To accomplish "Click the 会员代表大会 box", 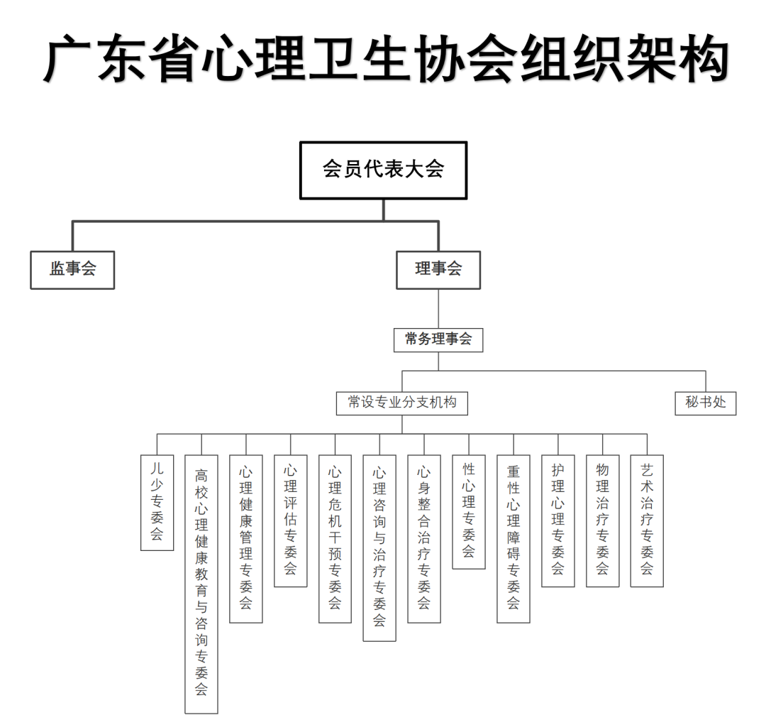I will [x=383, y=170].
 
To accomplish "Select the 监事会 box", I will [x=72, y=269].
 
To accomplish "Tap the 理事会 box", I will [x=438, y=269].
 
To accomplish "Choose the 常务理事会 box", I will [x=438, y=339].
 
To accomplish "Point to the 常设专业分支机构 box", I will [x=402, y=403].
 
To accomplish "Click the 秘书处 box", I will [x=706, y=403].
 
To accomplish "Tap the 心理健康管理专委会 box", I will [x=246, y=538].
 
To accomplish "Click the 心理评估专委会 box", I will [x=291, y=520].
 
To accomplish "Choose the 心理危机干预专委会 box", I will [x=335, y=538].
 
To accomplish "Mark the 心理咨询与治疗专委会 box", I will [x=379, y=547].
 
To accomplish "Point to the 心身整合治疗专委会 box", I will [x=424, y=538].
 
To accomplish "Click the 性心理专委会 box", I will [x=469, y=511].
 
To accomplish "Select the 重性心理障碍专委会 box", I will [x=514, y=538].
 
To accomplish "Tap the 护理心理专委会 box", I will [x=558, y=520].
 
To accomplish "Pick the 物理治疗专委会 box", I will [x=603, y=520].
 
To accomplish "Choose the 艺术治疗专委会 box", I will [x=647, y=520].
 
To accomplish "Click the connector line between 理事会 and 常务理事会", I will [x=438, y=308].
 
